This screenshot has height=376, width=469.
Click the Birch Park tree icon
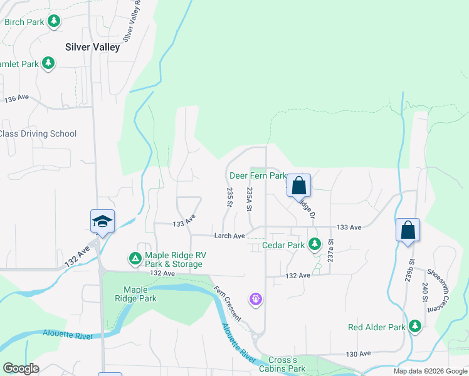tap(55, 22)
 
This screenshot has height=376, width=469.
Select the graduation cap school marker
tap(102, 221)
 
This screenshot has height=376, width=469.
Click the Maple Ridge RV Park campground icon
tap(135, 258)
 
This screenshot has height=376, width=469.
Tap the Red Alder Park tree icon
tap(414, 326)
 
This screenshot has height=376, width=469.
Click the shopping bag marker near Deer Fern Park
tap(299, 185)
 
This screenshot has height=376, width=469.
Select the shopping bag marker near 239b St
tap(408, 229)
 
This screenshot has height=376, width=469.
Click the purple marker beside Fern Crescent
tap(255, 300)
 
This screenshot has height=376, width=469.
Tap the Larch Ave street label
tap(229, 236)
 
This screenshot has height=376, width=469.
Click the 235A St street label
tap(250, 199)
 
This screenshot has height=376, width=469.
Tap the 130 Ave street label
tap(358, 354)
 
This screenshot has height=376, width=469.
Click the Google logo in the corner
tap(21, 368)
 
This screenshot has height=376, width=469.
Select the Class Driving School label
tap(38, 133)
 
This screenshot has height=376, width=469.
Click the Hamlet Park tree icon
tap(48, 63)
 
